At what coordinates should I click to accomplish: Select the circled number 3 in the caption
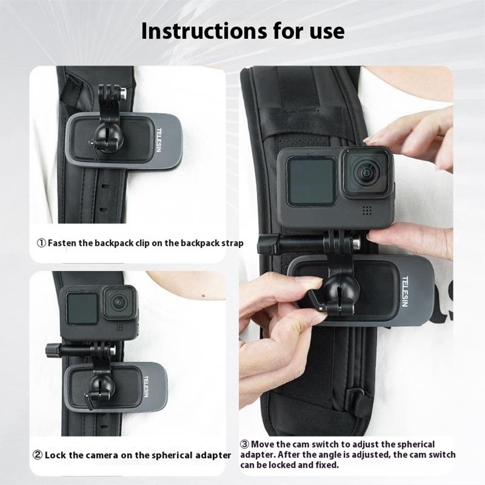245,444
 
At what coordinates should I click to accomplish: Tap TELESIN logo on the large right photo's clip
405,291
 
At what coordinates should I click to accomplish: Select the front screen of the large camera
310,181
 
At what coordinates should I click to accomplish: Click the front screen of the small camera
81,309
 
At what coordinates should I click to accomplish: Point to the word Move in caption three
265,444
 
